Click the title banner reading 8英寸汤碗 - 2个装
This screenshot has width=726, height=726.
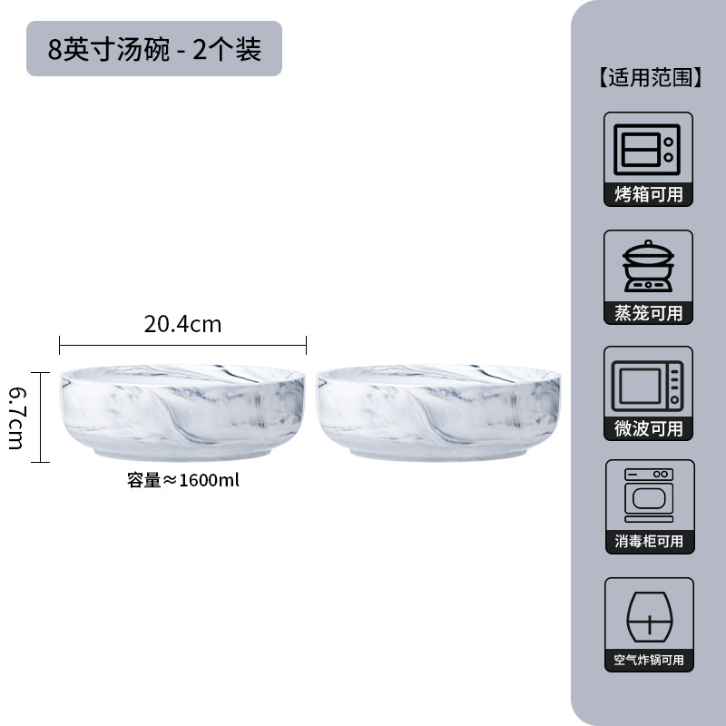(154, 48)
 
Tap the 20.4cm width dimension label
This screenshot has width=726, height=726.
(182, 324)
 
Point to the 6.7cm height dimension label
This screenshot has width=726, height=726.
(17, 417)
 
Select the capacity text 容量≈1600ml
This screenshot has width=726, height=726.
(182, 481)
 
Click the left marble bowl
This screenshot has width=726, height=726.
(182, 411)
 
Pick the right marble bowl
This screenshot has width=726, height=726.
(439, 411)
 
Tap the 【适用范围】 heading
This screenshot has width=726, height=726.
(648, 78)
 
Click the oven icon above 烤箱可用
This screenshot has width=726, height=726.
(648, 148)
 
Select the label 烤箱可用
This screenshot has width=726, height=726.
(648, 194)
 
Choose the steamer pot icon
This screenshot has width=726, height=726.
(648, 265)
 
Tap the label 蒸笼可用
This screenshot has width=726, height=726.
(648, 312)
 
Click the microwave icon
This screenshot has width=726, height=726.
(648, 383)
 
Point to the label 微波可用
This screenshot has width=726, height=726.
(648, 428)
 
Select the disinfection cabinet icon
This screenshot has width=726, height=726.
(648, 495)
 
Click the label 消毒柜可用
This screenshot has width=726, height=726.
(648, 542)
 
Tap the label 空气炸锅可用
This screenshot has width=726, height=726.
(648, 660)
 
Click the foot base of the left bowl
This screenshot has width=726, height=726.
(182, 452)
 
